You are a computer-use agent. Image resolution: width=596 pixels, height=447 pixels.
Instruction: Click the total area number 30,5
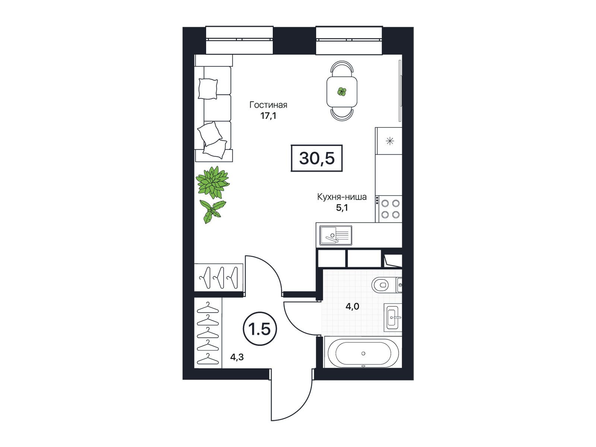[x=317, y=158]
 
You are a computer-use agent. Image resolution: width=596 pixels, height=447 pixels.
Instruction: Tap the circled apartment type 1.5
[x=260, y=330]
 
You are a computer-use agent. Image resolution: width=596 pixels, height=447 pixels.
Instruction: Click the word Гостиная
[x=268, y=105]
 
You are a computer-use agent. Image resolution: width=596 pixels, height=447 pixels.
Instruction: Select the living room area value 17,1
[x=268, y=116]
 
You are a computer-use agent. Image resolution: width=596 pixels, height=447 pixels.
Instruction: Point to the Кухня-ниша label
[x=342, y=197]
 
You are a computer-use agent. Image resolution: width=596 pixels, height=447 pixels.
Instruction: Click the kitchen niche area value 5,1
[x=342, y=208]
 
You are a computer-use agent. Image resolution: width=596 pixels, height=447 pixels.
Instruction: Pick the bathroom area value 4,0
[x=352, y=307]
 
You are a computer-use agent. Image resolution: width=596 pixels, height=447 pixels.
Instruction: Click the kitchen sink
[x=336, y=235]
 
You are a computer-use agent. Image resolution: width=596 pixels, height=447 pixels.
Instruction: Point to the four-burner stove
[x=389, y=209]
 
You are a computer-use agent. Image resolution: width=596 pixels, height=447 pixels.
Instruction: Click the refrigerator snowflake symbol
[x=390, y=141]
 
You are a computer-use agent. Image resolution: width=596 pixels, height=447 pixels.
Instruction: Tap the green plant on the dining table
[x=342, y=92]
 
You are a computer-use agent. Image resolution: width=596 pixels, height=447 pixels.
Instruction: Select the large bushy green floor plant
[x=213, y=182]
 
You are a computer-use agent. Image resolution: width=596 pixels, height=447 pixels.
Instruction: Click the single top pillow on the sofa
[x=208, y=89]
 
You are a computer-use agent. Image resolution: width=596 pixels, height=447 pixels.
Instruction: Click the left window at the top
[x=239, y=40]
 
